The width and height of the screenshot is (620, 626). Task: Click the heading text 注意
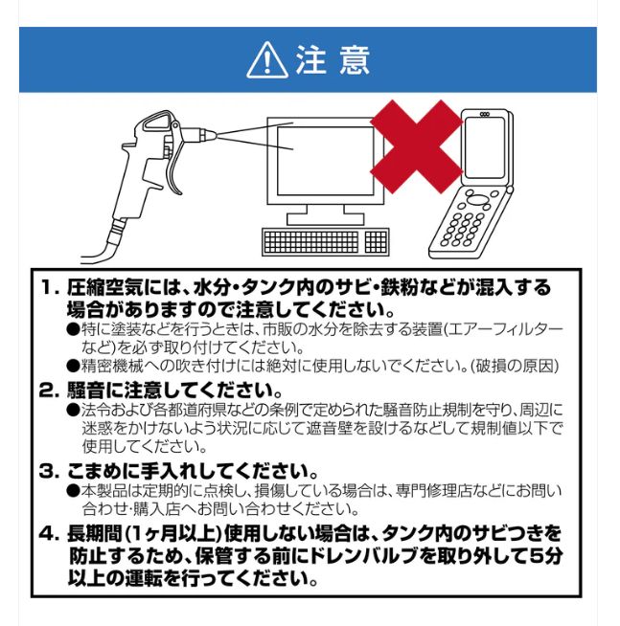click(332, 60)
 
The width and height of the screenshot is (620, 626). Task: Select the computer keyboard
click(325, 241)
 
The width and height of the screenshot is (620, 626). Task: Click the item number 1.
click(49, 287)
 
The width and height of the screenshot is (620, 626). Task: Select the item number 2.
click(49, 391)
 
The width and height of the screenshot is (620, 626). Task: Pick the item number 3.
click(49, 471)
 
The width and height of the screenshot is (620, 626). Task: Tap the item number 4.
click(49, 532)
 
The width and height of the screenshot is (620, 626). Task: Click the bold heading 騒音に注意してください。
click(173, 391)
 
